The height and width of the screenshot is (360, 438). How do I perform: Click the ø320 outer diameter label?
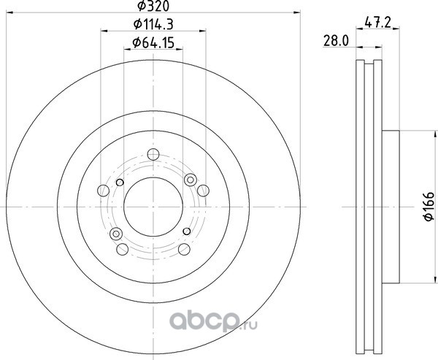(153, 6)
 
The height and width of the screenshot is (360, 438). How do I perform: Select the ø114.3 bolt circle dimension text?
(153, 24)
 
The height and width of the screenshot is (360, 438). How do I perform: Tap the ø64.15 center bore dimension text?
(153, 43)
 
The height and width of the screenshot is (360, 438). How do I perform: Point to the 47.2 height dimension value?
(377, 22)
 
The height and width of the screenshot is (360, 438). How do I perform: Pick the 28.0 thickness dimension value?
(336, 41)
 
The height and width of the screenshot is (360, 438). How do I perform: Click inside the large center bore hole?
(153, 207)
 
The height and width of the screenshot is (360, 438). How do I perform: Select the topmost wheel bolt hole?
(153, 154)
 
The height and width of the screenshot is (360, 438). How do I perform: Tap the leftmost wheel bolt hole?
(103, 191)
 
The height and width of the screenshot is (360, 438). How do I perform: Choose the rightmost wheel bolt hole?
(203, 191)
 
